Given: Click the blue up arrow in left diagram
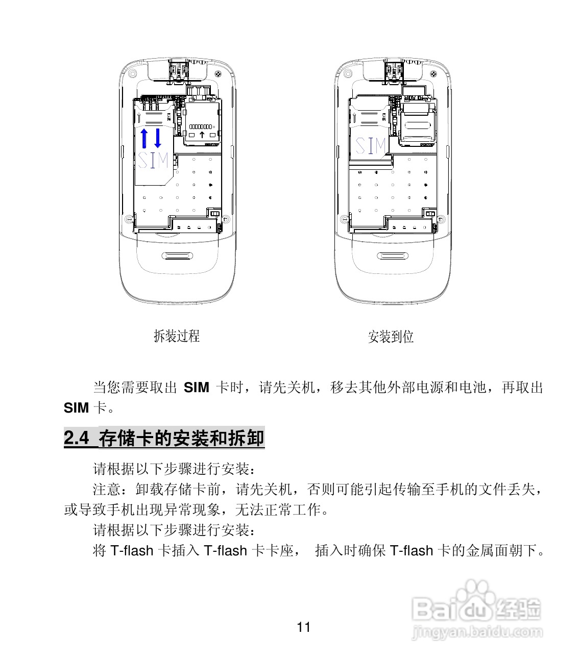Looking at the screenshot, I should [x=144, y=138].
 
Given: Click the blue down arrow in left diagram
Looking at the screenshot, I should [x=158, y=138].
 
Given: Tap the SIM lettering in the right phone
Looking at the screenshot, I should [x=370, y=146].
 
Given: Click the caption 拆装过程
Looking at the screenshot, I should [x=177, y=336].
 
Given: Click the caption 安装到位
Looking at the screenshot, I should [x=391, y=337].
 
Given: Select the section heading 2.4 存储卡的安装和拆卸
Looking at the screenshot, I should [x=164, y=438].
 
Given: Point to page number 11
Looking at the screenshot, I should [x=303, y=627].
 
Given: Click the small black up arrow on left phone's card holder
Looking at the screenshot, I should [x=202, y=135].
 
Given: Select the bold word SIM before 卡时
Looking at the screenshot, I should [x=196, y=388].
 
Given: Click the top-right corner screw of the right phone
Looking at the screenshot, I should [x=435, y=74].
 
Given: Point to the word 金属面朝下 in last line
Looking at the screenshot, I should [x=494, y=551].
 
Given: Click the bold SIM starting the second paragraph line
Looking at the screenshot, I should [x=76, y=408].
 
